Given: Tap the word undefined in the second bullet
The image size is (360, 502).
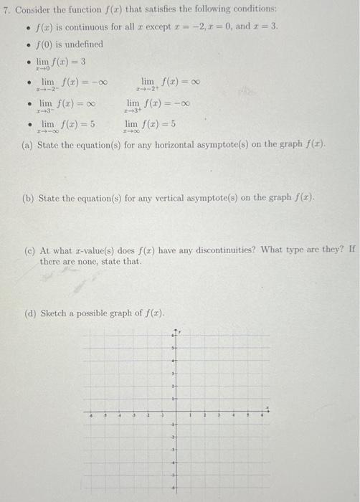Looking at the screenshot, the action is pyautogui.click(x=84, y=44).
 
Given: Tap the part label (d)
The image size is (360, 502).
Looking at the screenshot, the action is pyautogui.click(x=28, y=313).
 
